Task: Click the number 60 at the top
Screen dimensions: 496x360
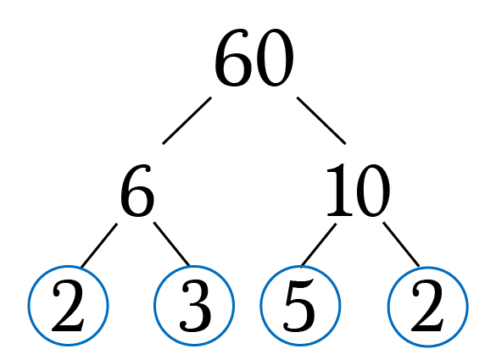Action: click(x=254, y=58)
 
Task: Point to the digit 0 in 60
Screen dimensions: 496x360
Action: click(x=275, y=58)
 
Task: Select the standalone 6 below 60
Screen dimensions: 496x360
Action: click(x=137, y=191)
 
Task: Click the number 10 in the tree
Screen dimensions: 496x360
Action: click(x=358, y=191)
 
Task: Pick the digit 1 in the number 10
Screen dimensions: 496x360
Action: click(x=340, y=190)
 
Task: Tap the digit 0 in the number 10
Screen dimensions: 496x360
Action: click(x=373, y=191)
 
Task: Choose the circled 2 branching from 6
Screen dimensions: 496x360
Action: click(x=69, y=306)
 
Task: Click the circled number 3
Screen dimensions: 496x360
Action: click(x=194, y=306)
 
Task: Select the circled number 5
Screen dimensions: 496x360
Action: click(x=300, y=306)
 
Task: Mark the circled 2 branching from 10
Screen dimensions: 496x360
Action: click(x=428, y=307)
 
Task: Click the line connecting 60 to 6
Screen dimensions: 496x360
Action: click(x=187, y=120)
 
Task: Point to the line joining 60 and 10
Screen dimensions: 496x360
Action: click(x=321, y=120)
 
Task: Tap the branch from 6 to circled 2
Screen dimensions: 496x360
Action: click(x=99, y=246)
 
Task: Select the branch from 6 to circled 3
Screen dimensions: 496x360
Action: click(x=172, y=244)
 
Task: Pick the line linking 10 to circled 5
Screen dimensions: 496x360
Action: click(x=319, y=246)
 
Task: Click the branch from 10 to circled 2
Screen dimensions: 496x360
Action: click(x=401, y=244)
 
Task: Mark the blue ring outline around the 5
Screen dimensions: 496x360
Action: click(x=260, y=306)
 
